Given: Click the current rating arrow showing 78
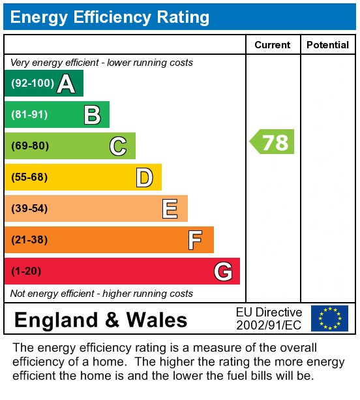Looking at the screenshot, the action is point(272,142).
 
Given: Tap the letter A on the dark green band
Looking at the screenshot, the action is point(66,84).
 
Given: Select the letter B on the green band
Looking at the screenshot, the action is point(93,115).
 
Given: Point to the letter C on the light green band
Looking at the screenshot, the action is point(118,146).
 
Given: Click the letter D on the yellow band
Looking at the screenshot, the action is point(145,177).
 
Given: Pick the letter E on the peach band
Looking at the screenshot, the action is point(170,209).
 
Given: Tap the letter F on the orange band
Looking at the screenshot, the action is point(195,240).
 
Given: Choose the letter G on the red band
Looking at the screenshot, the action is point(223,271).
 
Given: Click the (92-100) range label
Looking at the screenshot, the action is point(33,83).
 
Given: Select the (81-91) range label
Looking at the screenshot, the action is point(29,115).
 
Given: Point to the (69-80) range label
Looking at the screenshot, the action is point(30,146).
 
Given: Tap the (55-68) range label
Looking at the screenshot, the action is point(29,177).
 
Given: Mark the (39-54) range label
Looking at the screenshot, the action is point(29,209).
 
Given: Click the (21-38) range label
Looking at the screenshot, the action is point(29,240).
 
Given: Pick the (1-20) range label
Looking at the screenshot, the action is point(26,271).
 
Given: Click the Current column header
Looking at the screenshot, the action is point(273,45).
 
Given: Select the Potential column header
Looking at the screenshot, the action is point(327,45).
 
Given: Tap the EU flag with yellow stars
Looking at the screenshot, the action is point(329,318).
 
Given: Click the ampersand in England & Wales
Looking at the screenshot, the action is point(112,320).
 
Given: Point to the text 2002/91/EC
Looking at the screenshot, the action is point(269,325).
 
